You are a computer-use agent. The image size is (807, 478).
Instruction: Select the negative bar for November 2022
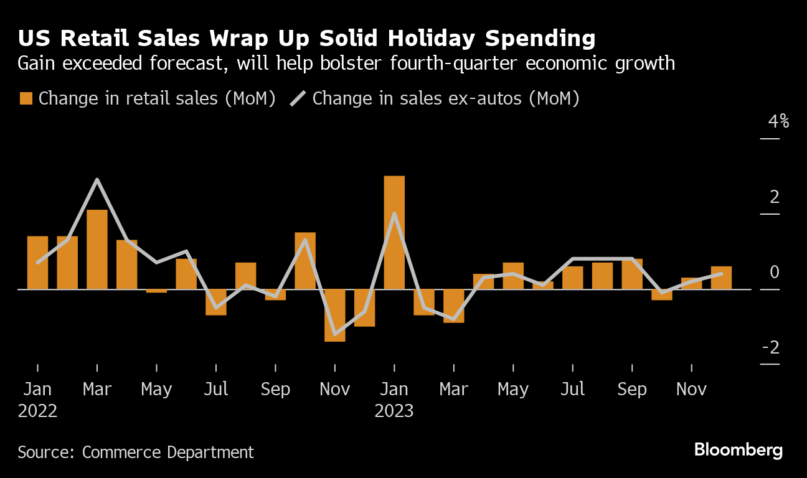coord(334,315)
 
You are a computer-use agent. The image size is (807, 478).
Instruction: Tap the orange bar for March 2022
coord(97,249)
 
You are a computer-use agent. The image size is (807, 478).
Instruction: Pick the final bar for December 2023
coord(721,278)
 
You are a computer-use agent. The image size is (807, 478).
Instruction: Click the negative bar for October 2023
coord(662,294)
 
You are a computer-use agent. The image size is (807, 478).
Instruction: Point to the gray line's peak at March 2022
coord(97,180)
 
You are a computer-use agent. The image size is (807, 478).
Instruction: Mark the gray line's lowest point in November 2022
coord(335,334)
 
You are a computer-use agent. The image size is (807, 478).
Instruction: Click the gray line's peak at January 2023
coord(394,213)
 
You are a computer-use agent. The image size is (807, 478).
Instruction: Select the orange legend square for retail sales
coord(26,98)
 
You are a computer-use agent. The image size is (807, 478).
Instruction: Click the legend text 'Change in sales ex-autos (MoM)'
coord(446,98)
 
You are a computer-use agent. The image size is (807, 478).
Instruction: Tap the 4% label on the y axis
coord(778,121)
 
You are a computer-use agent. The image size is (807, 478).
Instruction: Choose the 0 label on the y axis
coord(775,272)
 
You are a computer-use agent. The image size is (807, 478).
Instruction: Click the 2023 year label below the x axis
coord(394,411)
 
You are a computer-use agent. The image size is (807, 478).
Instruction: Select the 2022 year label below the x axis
coord(37,411)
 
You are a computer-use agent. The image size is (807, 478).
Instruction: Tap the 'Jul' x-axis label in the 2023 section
coord(572,390)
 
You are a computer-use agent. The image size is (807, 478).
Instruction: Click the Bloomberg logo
coord(738,450)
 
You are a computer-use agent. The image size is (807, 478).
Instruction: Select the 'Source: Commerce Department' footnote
coord(136,452)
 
